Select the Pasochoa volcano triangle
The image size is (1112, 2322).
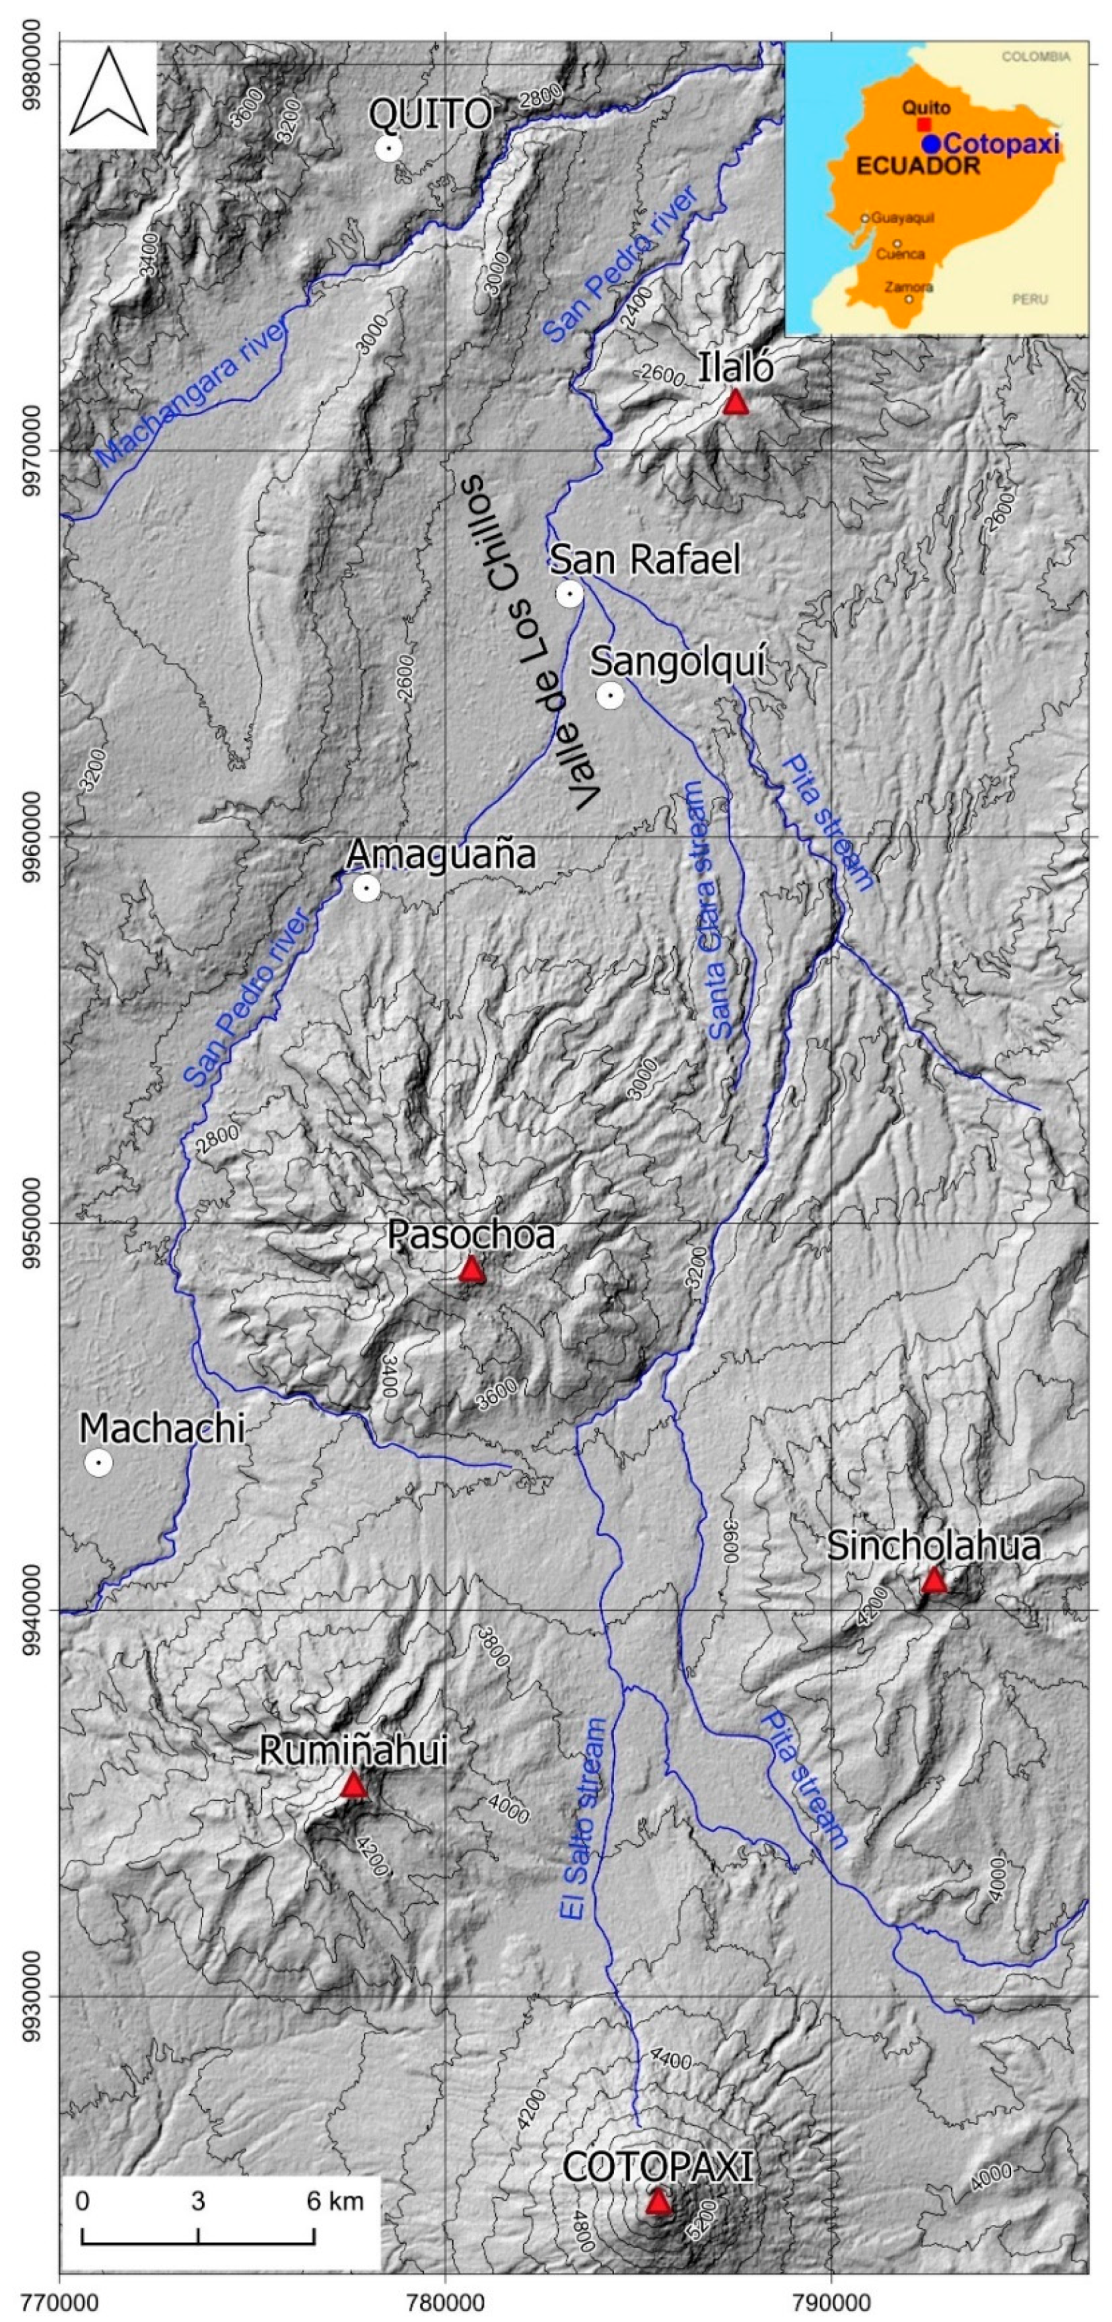pos(472,1270)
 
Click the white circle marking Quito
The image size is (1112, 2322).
pos(388,148)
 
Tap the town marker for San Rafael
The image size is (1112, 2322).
pos(569,594)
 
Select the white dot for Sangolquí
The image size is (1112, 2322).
pos(610,695)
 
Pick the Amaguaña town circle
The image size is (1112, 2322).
pos(366,889)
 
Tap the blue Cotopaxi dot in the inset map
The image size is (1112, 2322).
pos(931,143)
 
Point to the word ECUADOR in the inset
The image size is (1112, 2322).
pos(917,166)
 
